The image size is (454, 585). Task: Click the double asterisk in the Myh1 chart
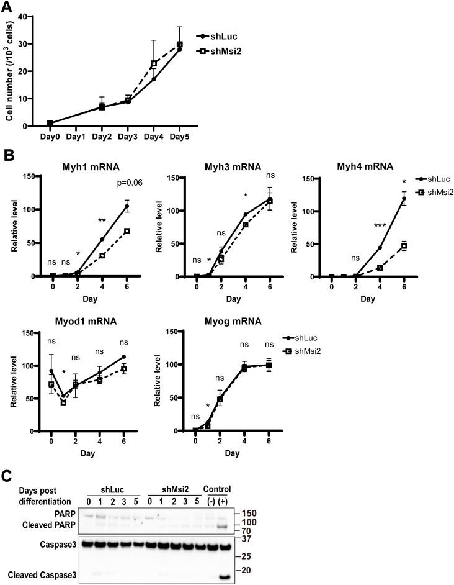102,220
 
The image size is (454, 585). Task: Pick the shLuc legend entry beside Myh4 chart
427,178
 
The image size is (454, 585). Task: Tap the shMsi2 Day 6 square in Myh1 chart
127,231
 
